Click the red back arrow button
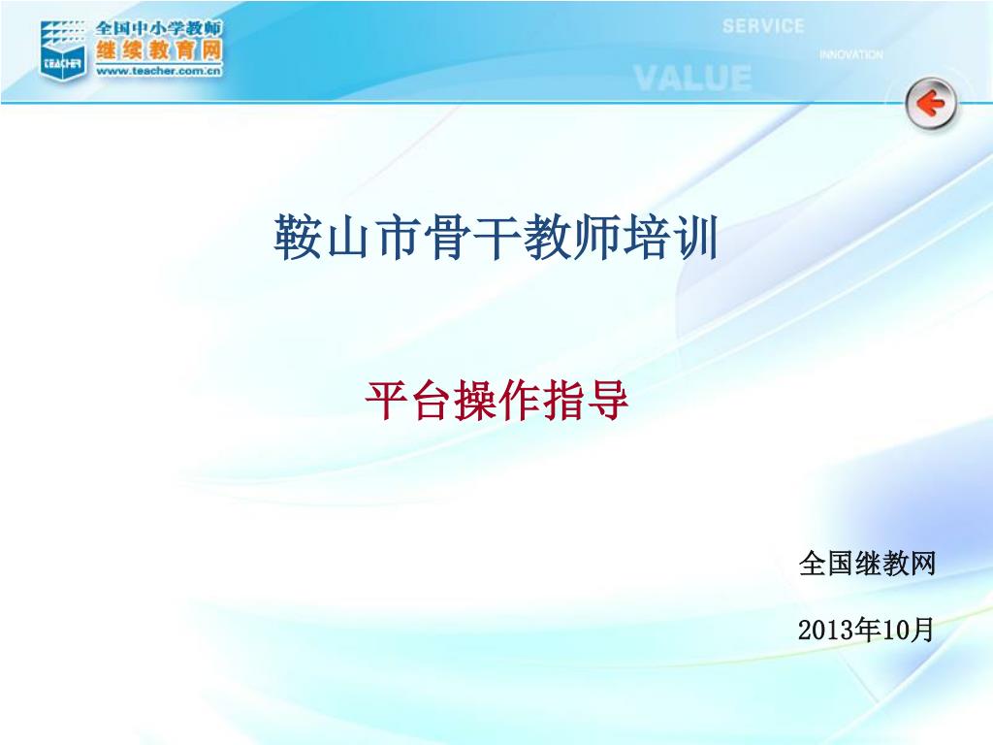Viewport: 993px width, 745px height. (x=930, y=103)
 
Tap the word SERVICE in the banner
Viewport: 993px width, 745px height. (x=763, y=26)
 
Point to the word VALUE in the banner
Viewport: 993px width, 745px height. (x=692, y=79)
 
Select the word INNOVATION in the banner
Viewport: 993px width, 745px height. (x=850, y=54)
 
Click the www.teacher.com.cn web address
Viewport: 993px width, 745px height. (x=159, y=71)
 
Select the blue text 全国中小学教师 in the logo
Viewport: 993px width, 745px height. (x=159, y=28)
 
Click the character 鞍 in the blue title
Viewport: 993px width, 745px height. (x=298, y=237)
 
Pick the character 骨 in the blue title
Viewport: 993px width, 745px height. (x=446, y=237)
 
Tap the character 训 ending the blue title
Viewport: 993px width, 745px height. (x=694, y=237)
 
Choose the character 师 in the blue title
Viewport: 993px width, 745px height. (x=595, y=237)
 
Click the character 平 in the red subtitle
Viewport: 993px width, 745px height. (x=386, y=401)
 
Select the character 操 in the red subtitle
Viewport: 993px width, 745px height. (x=475, y=401)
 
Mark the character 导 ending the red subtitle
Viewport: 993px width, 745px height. (x=607, y=401)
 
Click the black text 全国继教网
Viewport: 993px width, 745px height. (x=867, y=564)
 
